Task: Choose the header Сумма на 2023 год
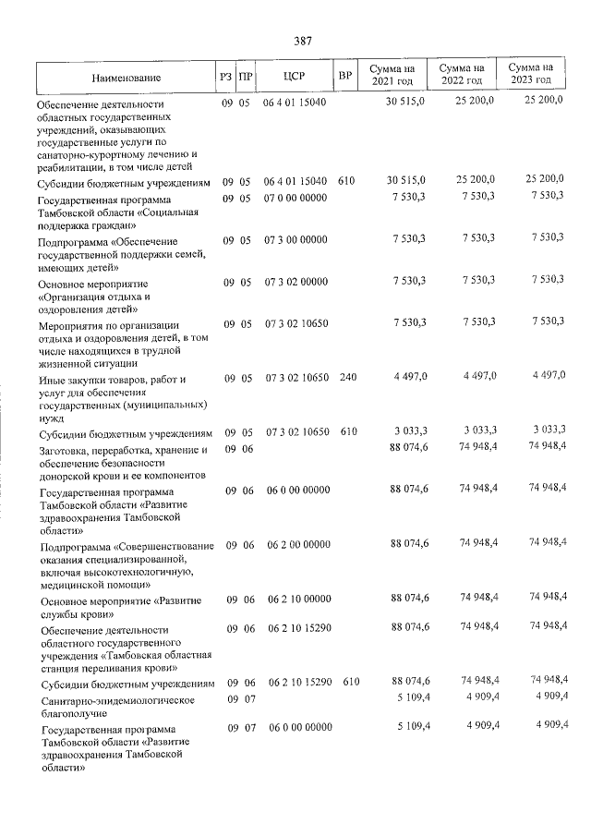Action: click(531, 74)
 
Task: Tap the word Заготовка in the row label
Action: click(65, 450)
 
